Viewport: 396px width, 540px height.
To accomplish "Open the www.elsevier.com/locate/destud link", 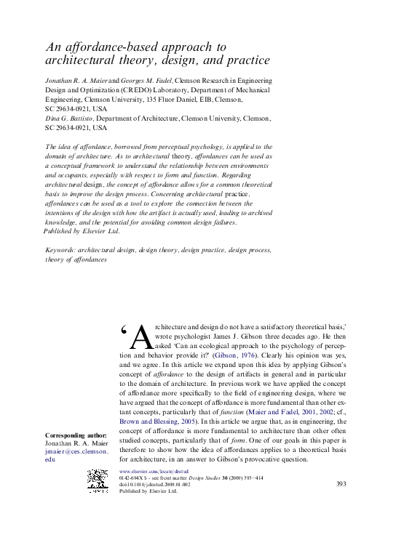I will tap(149, 472).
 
